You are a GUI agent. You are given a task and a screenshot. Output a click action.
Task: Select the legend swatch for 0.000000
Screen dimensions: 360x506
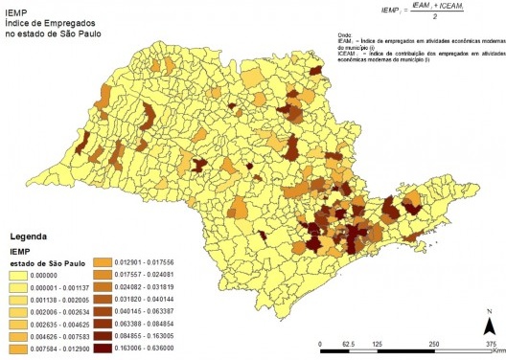coord(21,274)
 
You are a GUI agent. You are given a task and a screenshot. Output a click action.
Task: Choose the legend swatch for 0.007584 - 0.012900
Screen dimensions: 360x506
coord(21,349)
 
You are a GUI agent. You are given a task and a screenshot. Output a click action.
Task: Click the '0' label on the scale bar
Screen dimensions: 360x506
coord(319,344)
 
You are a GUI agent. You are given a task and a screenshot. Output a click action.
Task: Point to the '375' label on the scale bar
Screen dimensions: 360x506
coord(490,344)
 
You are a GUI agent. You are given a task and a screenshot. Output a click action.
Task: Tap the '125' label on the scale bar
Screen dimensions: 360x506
coord(377,344)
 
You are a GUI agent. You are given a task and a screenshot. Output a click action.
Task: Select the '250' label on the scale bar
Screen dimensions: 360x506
coord(433,344)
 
